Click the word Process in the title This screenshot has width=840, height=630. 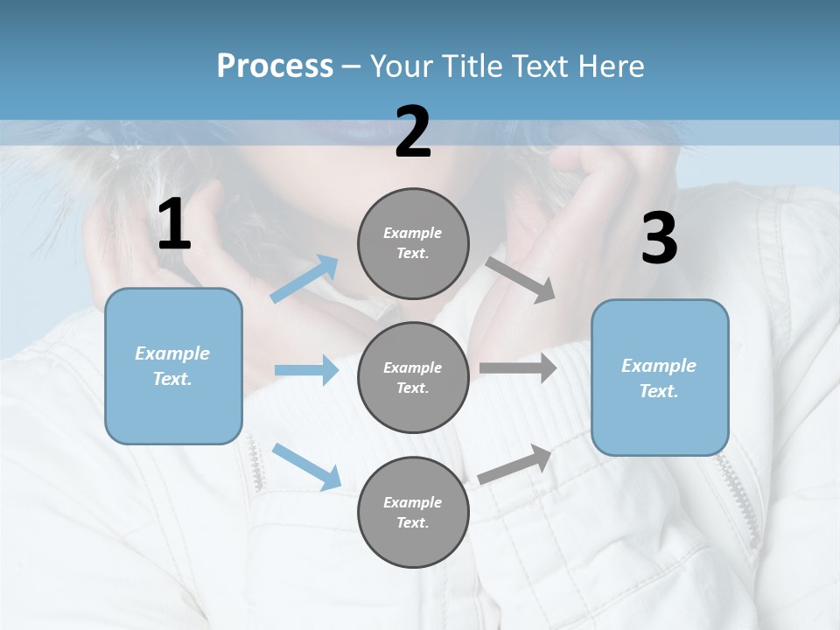tap(275, 66)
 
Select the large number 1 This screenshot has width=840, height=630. tap(174, 225)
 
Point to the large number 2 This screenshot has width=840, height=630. tap(413, 132)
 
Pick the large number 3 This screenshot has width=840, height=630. tap(659, 239)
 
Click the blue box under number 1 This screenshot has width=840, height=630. tap(173, 366)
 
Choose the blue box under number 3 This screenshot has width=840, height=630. tap(660, 377)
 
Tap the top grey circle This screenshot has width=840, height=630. tap(413, 243)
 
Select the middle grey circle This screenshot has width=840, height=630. tap(413, 377)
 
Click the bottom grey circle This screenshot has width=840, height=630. tap(413, 512)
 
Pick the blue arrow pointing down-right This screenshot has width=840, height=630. tap(306, 465)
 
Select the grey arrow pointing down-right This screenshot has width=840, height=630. tap(520, 279)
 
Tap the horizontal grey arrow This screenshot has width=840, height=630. tap(517, 368)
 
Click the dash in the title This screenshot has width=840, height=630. tap(352, 66)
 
